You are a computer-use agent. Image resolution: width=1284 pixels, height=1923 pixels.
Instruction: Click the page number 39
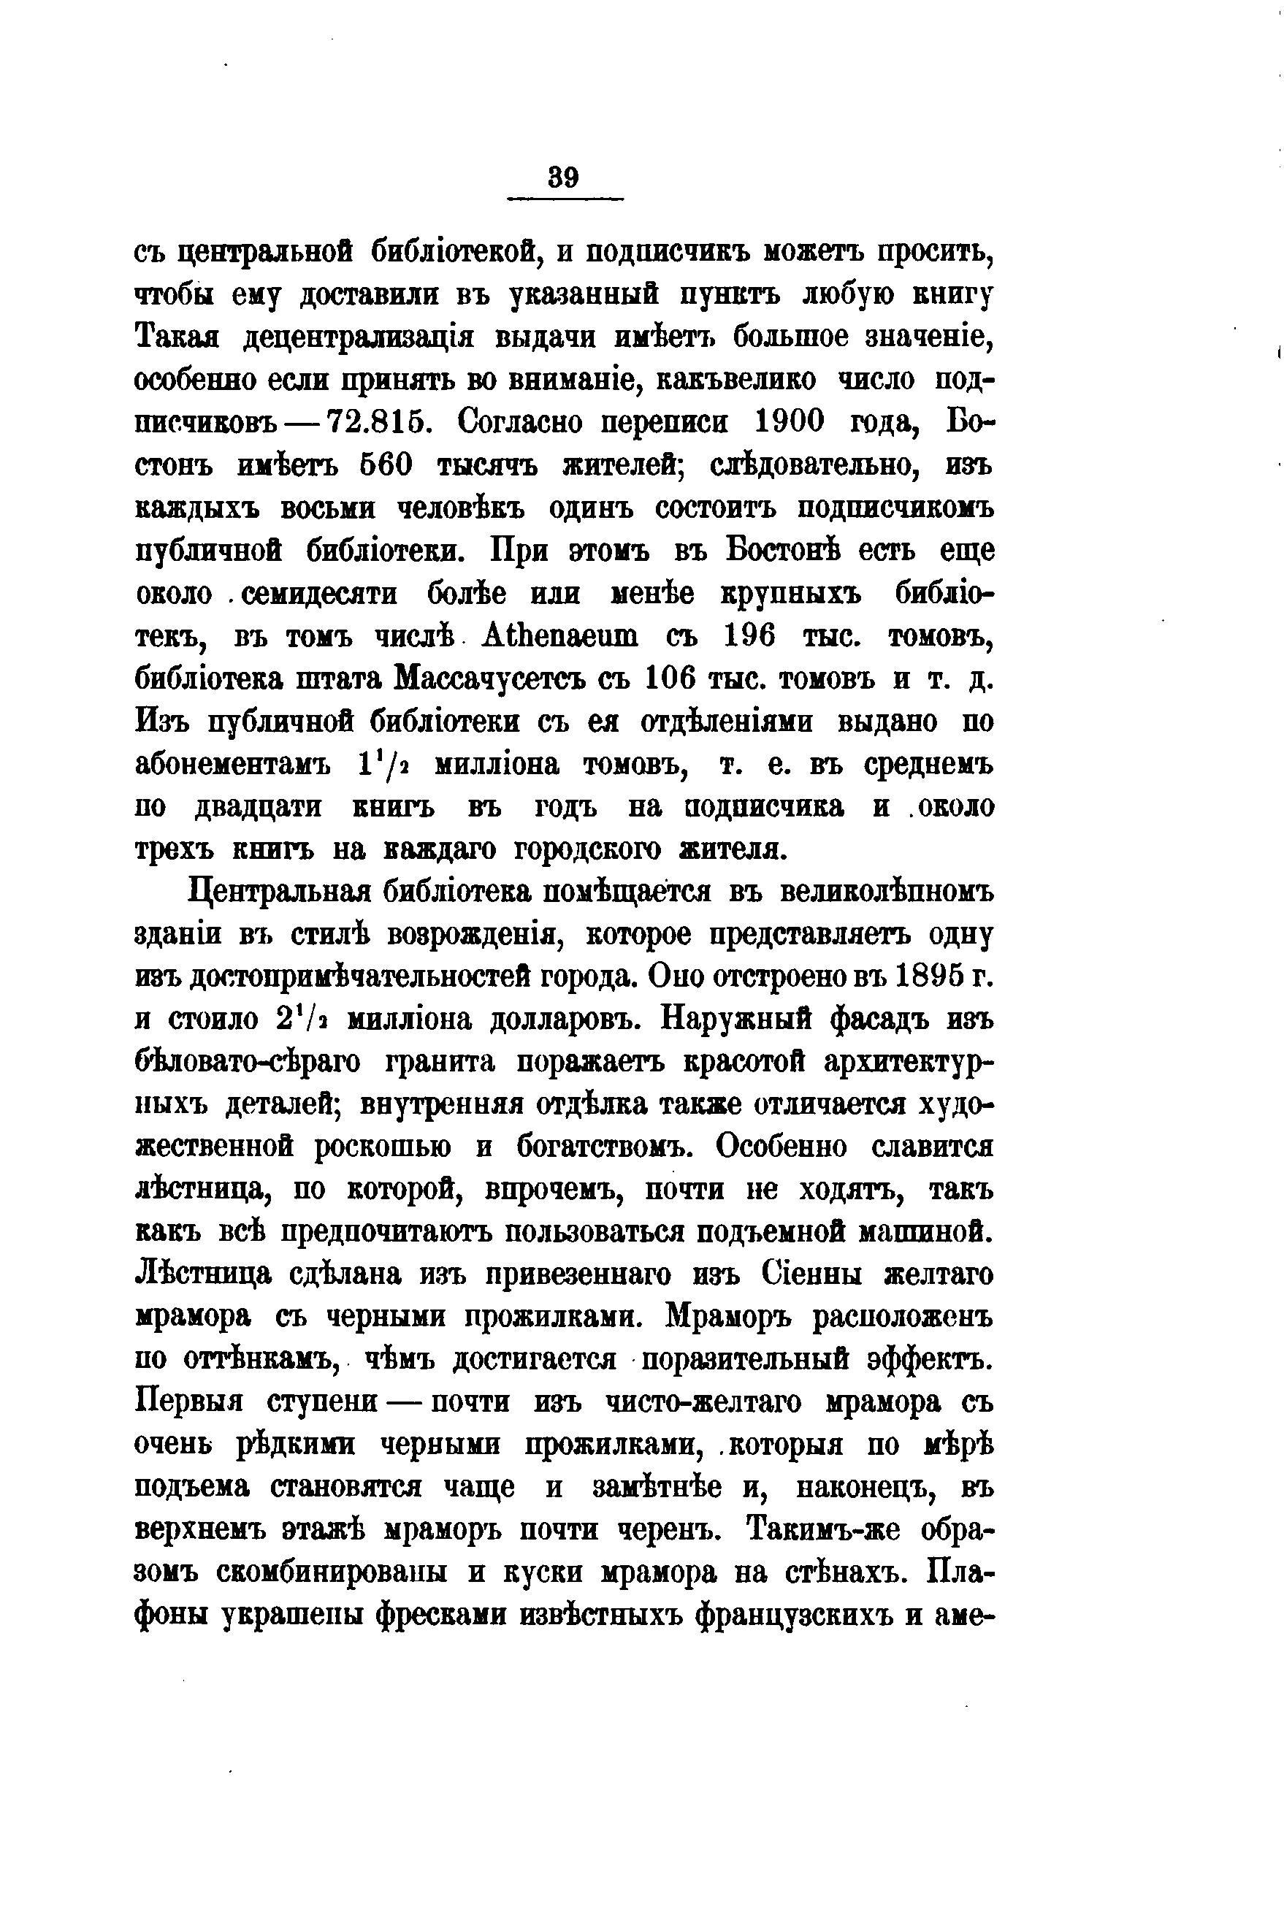(x=564, y=177)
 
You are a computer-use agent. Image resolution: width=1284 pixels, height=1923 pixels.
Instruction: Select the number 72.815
(x=381, y=424)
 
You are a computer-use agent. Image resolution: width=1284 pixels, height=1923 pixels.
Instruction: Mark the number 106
(x=670, y=678)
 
